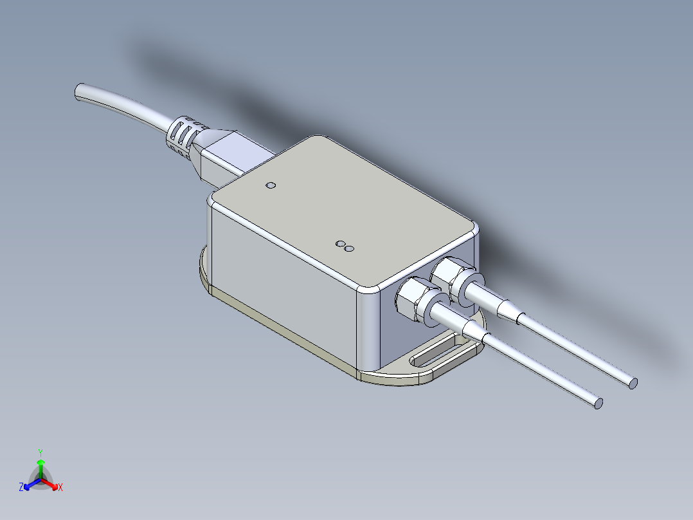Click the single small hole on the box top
point(271,186)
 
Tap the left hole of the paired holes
point(341,244)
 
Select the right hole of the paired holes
point(350,247)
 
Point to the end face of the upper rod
point(633,384)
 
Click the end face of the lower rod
point(598,404)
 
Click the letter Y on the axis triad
point(40,452)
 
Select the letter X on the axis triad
point(60,488)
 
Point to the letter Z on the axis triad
point(21,488)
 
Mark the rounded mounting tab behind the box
point(204,269)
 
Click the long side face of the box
point(283,283)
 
